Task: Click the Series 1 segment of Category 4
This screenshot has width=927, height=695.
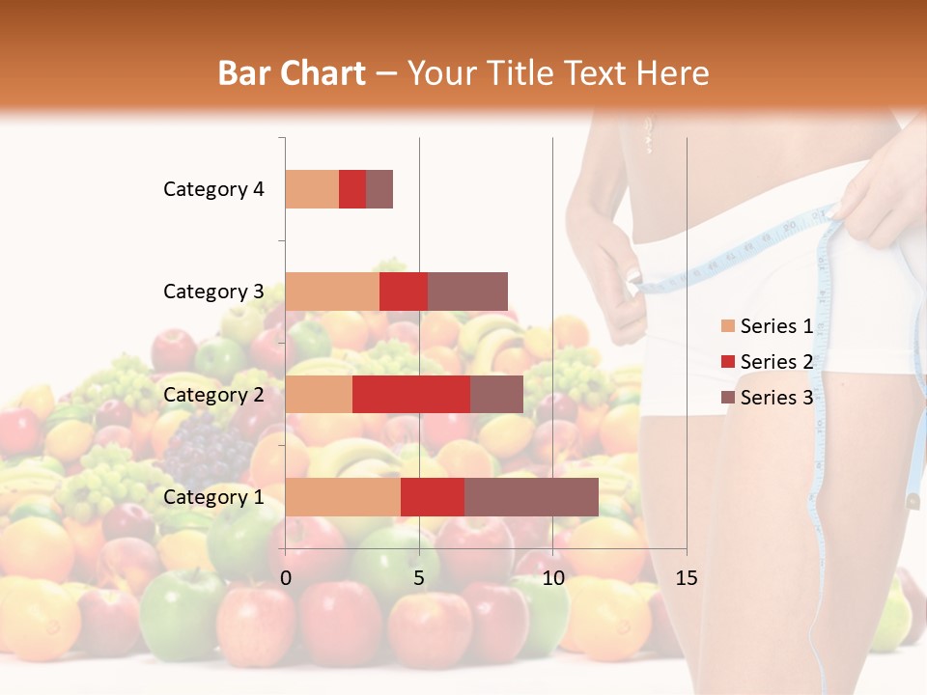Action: (312, 189)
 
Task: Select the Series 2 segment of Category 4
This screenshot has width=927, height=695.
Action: (352, 189)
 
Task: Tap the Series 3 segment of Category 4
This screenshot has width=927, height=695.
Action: (379, 189)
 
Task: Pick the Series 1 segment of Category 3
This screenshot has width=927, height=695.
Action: (332, 292)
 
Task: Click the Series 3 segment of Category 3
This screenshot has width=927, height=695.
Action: (467, 292)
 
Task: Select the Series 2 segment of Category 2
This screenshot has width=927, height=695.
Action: (411, 394)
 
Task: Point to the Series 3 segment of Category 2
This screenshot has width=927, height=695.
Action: (496, 394)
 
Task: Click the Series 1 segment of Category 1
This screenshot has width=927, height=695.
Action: (343, 496)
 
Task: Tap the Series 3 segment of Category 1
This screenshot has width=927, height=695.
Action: (531, 496)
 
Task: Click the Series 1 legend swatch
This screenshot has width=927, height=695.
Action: (727, 326)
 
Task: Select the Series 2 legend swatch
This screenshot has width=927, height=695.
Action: (727, 362)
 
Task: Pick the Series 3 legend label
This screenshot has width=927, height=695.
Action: (776, 398)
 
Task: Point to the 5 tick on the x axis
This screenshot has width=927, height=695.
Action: (419, 578)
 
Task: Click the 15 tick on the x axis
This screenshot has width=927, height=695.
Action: (686, 578)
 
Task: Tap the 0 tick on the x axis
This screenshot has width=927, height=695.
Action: (286, 578)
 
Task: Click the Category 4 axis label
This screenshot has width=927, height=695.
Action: (213, 189)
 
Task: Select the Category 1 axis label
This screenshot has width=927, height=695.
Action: (213, 497)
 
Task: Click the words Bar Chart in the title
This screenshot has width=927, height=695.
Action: (292, 73)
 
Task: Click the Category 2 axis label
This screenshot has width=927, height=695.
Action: (213, 395)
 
